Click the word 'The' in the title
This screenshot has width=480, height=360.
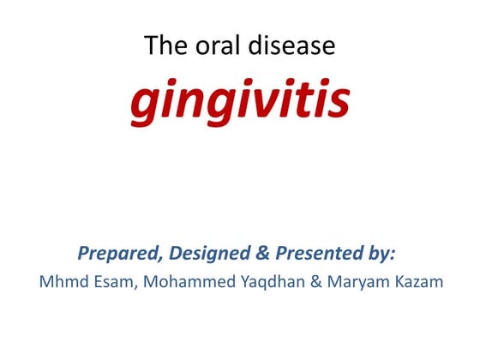(x=160, y=45)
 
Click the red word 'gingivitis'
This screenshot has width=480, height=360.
(x=240, y=101)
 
